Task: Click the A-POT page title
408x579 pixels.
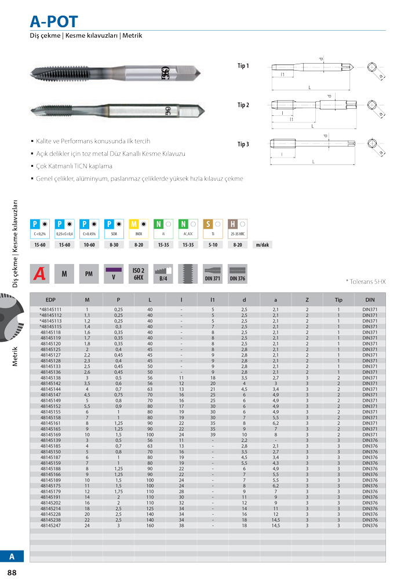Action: tap(53, 21)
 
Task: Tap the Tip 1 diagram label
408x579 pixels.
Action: tap(243, 66)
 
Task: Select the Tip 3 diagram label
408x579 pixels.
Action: tap(243, 144)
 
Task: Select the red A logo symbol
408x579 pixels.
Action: tap(39, 274)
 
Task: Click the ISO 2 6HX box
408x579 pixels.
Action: tap(137, 274)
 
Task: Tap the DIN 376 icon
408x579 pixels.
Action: tap(237, 274)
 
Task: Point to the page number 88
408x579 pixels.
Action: tap(12, 573)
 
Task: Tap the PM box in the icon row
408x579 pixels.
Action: tap(88, 274)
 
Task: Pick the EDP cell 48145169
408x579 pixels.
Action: tap(50, 434)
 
